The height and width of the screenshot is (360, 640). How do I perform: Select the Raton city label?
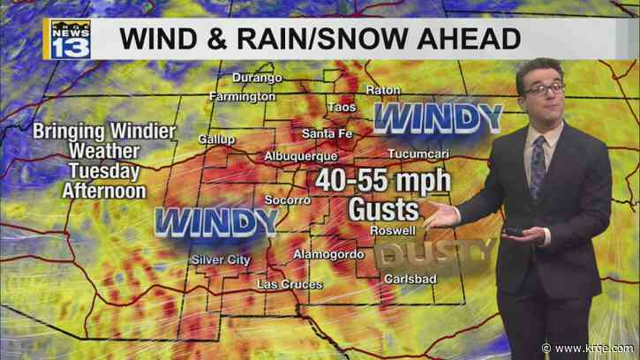(384, 90)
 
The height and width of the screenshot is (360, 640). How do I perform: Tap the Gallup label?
(217, 139)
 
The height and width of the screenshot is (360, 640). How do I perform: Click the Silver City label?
(222, 259)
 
